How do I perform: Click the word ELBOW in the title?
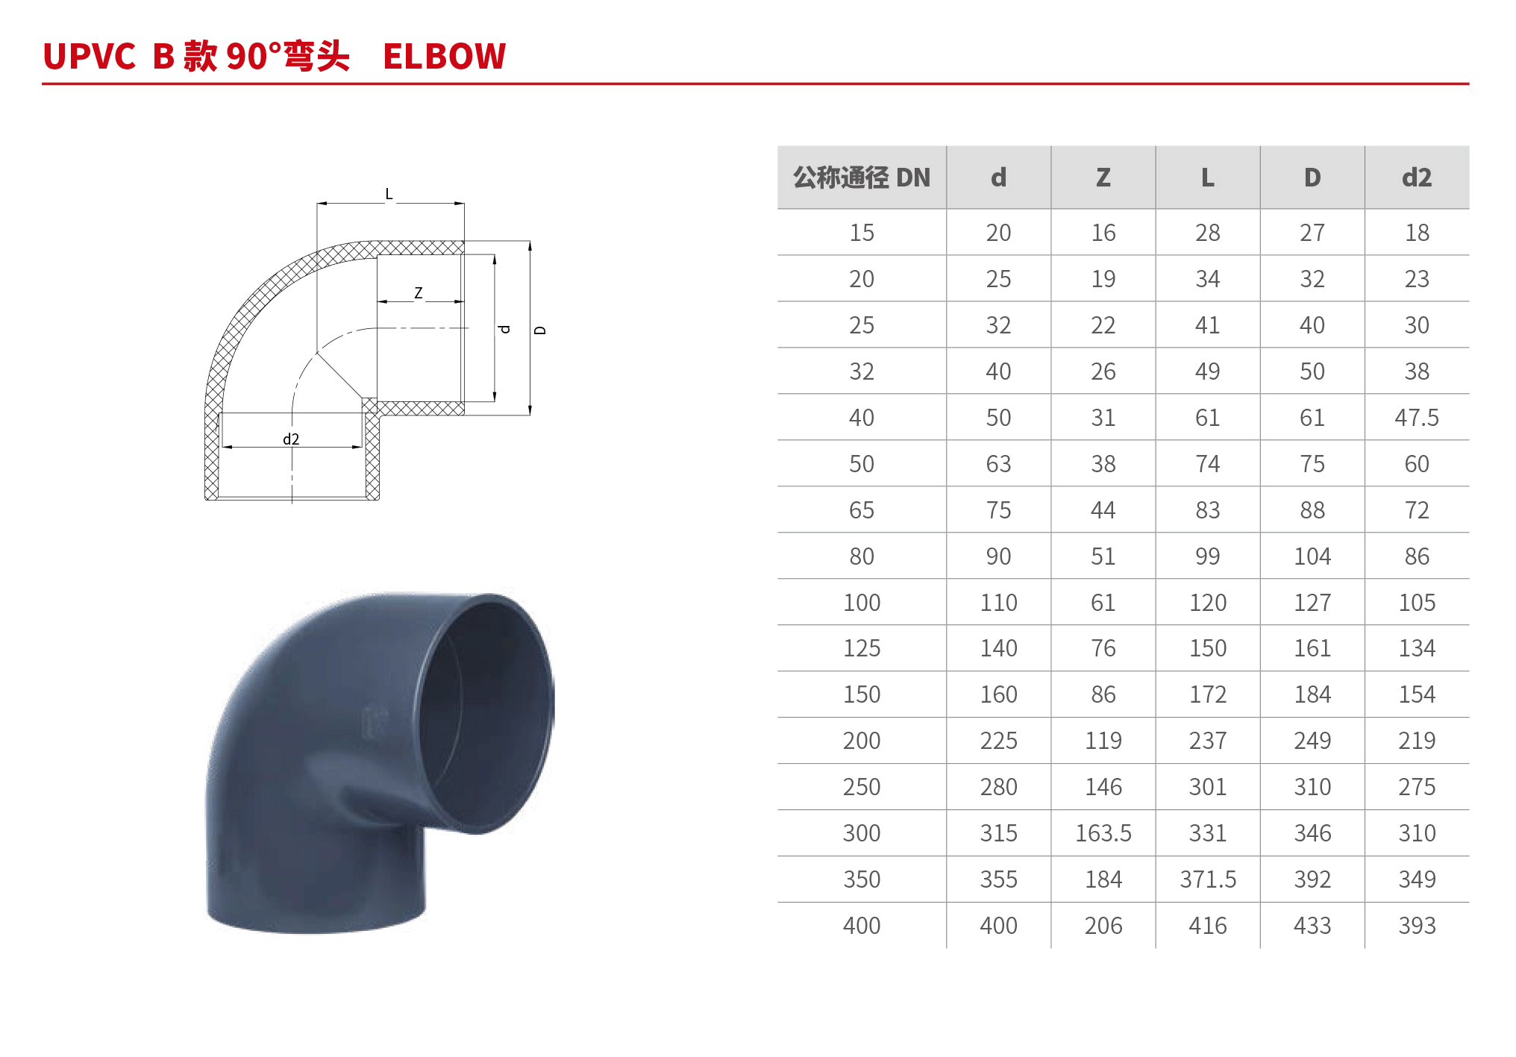coord(444,57)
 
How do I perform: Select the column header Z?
coord(1103,178)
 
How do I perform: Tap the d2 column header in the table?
coord(1417,178)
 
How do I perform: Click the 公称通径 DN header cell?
coord(862,178)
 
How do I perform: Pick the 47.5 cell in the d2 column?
coord(1417,418)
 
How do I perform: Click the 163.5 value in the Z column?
coord(1103,833)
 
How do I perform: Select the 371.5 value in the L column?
coord(1208,879)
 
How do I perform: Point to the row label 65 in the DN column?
coord(862,510)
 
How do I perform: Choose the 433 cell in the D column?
coord(1312,926)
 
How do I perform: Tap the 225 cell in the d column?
coord(998,741)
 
